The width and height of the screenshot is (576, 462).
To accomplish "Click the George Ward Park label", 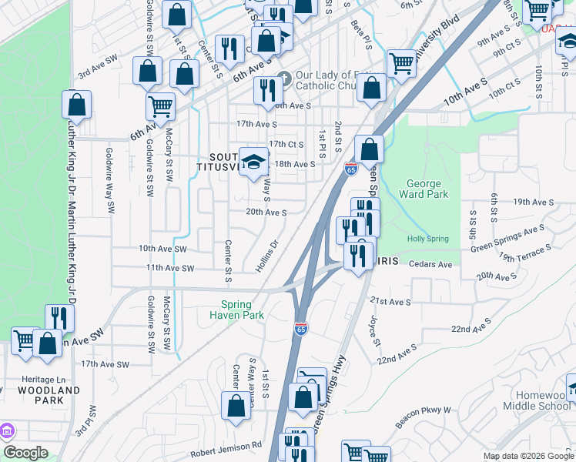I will pyautogui.click(x=424, y=189).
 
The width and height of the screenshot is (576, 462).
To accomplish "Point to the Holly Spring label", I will pyautogui.click(x=427, y=239).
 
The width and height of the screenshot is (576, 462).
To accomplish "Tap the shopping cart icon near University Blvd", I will pyautogui.click(x=401, y=63).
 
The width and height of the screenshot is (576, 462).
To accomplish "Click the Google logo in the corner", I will pyautogui.click(x=25, y=452).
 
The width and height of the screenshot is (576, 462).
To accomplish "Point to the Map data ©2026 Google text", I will pyautogui.click(x=527, y=456).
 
